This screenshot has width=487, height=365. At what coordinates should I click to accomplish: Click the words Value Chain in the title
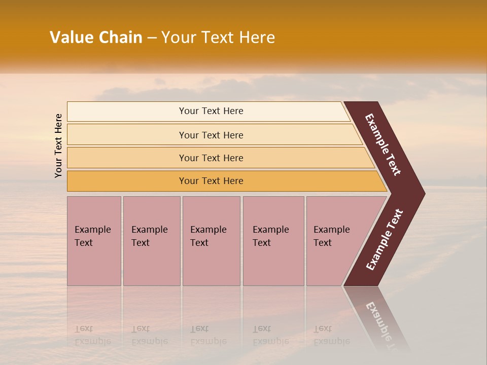[x=96, y=38]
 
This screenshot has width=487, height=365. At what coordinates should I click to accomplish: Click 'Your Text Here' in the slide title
[x=218, y=38]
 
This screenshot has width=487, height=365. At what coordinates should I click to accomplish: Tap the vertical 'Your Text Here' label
[x=59, y=145]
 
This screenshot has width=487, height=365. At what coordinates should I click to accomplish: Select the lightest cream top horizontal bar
[x=127, y=112]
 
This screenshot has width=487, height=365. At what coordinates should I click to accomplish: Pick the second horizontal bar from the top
[x=127, y=135]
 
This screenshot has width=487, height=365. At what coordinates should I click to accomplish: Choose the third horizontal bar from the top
[x=127, y=158]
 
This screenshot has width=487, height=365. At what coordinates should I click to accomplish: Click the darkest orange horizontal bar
[x=127, y=181]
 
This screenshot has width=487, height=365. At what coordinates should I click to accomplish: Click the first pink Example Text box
[x=94, y=264]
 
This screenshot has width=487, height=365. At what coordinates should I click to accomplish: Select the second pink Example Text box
[x=151, y=264]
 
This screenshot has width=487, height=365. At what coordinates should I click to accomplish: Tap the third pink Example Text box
[x=211, y=264]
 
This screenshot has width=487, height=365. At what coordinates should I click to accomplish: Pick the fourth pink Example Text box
[x=273, y=264]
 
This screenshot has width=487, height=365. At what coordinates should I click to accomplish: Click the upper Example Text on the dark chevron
[x=384, y=144]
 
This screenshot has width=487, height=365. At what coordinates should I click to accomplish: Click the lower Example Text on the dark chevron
[x=385, y=240]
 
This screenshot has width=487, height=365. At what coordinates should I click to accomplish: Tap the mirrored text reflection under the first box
[x=92, y=335]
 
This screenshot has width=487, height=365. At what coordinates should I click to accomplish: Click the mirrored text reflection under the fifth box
[x=331, y=335]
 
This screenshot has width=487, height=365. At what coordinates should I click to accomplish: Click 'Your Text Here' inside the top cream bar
[x=211, y=111]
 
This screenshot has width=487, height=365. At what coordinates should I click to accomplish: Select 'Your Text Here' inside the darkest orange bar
[x=211, y=181]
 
